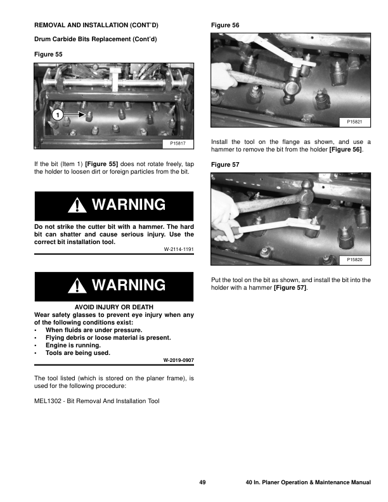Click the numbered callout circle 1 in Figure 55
click(57, 115)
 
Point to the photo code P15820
click(354, 260)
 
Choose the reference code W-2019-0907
click(178, 360)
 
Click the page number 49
click(202, 483)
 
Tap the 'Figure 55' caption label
click(48, 55)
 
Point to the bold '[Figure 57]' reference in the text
click(290, 288)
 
